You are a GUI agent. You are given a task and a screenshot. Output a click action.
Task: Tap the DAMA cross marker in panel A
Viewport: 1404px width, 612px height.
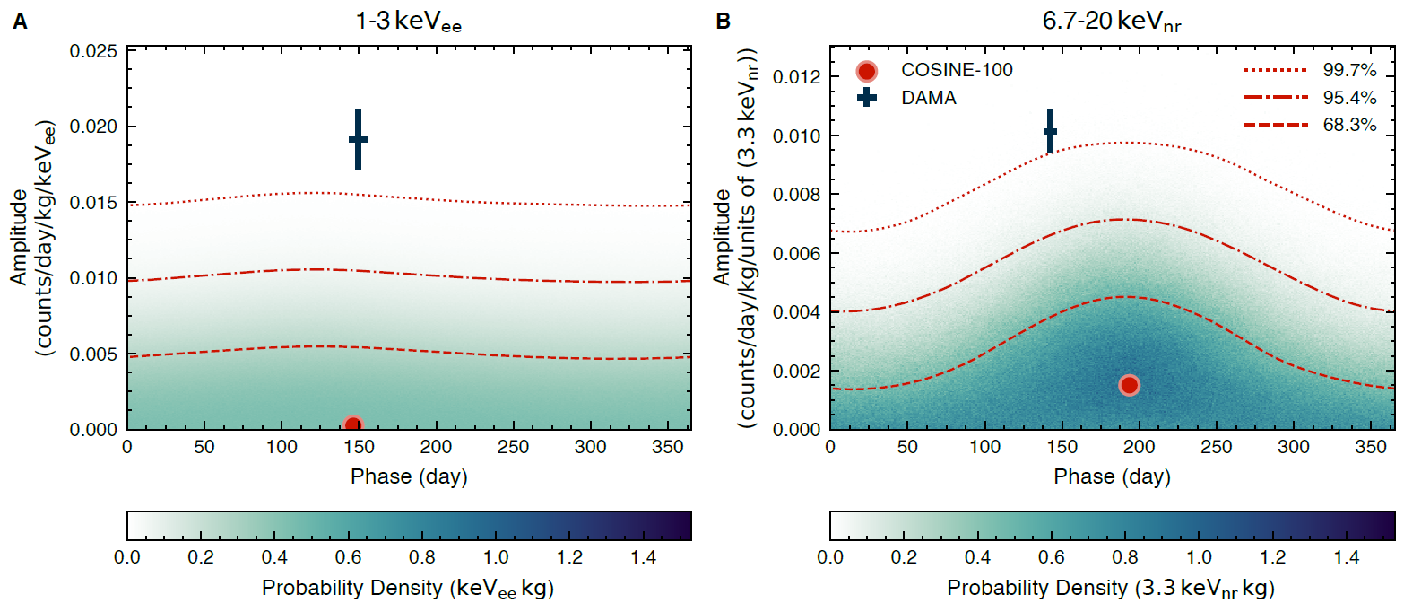(x=358, y=139)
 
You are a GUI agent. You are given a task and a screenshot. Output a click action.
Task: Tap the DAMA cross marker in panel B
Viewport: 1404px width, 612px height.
(x=1050, y=132)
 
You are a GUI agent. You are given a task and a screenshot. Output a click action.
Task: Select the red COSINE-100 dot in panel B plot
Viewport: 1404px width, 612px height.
(x=1129, y=385)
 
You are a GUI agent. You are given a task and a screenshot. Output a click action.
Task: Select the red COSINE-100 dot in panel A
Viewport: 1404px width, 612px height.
(x=352, y=424)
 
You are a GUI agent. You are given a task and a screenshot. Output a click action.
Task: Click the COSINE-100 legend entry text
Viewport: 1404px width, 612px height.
(x=956, y=70)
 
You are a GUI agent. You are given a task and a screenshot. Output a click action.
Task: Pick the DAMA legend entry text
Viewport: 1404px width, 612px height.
(x=928, y=99)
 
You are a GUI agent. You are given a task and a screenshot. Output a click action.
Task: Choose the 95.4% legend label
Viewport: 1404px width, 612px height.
(x=1349, y=98)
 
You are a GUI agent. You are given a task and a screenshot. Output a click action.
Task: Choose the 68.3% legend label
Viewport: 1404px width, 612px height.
(x=1349, y=126)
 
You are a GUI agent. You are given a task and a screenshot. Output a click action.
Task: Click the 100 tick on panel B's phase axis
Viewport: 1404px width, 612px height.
(x=985, y=446)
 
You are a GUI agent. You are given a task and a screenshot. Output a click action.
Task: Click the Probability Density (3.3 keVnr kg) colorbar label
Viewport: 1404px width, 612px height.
(x=1111, y=589)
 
